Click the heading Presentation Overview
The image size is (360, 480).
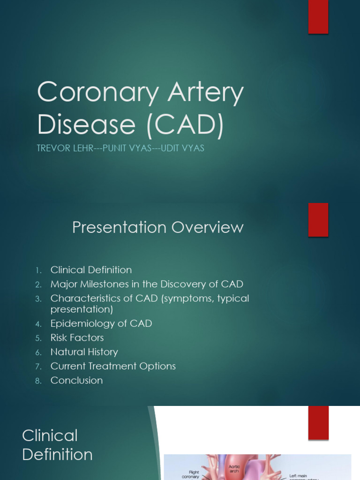158,227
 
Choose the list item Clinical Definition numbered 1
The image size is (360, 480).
91,270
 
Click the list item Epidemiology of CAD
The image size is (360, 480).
101,323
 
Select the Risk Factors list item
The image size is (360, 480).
77,337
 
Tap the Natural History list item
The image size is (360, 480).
84,352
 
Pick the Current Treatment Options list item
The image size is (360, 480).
113,366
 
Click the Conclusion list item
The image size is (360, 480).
76,380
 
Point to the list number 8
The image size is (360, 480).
38,381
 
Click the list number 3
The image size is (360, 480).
38,299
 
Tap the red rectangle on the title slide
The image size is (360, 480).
318,17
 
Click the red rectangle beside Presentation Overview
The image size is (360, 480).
318,220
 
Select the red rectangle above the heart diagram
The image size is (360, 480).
318,422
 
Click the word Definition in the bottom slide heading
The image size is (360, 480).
57,454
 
